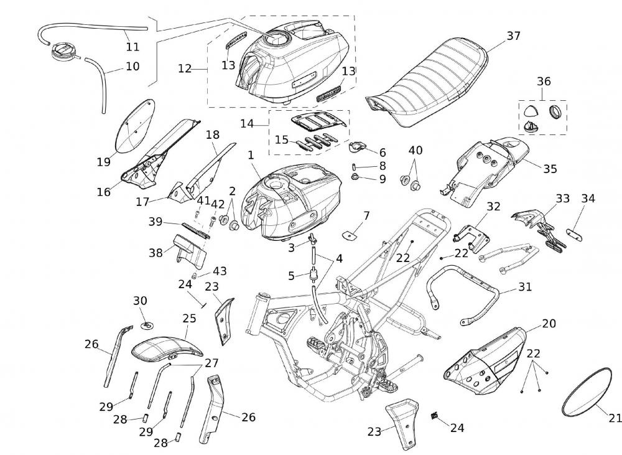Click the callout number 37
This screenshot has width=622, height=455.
tap(513, 36)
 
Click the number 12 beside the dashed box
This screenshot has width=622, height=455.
tap(185, 68)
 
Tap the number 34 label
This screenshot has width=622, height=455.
tap(588, 199)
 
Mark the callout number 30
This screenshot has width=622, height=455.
tap(141, 301)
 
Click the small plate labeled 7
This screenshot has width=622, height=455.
tap(353, 235)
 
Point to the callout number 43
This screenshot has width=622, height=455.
tap(220, 271)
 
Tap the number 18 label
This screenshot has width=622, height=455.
tap(213, 134)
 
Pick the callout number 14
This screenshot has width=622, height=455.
tap(247, 124)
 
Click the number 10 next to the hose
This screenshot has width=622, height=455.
tap(132, 66)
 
